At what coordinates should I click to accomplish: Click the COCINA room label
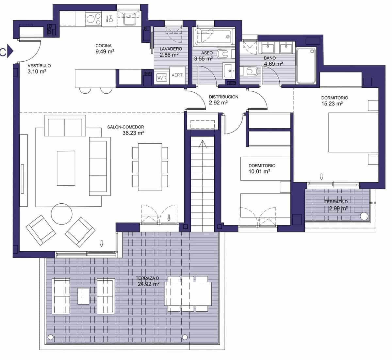(x=103, y=46)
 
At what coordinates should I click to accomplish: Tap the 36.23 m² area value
(x=133, y=133)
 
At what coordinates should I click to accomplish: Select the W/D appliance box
(x=161, y=77)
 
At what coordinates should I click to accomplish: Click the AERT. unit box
(x=177, y=75)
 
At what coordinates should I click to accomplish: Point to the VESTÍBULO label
(x=39, y=66)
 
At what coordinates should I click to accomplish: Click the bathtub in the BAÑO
(x=306, y=65)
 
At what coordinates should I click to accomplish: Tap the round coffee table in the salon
(x=62, y=214)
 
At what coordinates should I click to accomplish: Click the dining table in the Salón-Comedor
(x=150, y=167)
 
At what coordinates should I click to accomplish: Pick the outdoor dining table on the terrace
(x=188, y=293)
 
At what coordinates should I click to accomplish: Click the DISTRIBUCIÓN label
(x=223, y=97)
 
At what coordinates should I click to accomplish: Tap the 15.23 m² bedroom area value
(x=332, y=103)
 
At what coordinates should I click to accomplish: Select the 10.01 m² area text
(x=259, y=171)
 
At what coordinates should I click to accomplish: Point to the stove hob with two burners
(x=93, y=18)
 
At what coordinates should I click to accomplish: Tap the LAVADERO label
(x=171, y=49)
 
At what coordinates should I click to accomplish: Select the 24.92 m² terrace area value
(x=148, y=284)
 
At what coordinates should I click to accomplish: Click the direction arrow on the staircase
(x=203, y=144)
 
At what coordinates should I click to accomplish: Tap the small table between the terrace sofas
(x=83, y=296)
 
